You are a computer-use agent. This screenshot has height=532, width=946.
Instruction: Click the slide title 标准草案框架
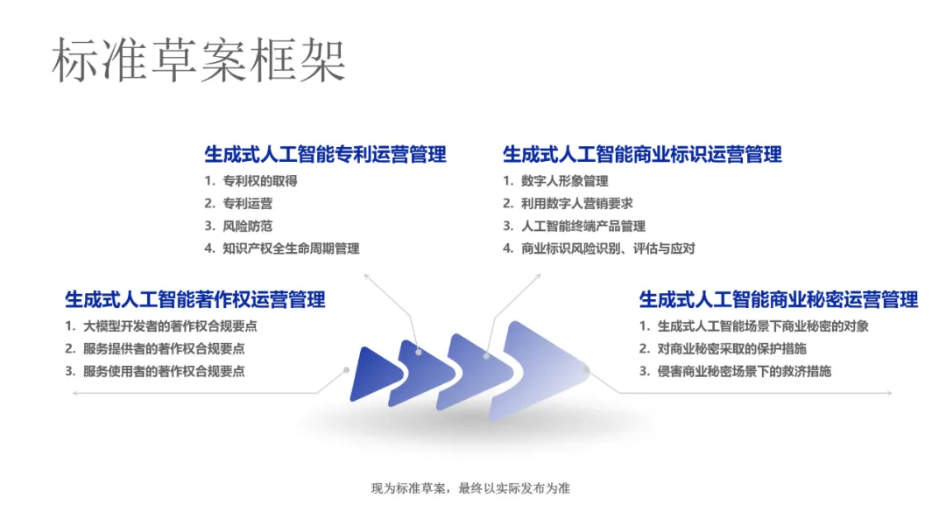click(x=199, y=59)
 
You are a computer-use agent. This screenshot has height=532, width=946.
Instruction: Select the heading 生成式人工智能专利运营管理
click(x=325, y=154)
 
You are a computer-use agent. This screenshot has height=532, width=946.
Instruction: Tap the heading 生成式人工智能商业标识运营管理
click(x=642, y=154)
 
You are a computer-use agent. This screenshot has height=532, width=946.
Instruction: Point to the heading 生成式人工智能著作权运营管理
click(x=194, y=299)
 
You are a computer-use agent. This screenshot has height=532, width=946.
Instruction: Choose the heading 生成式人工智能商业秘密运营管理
click(x=779, y=299)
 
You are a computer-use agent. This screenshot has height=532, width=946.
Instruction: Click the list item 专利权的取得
click(x=260, y=181)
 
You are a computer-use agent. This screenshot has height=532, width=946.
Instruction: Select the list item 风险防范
click(x=247, y=226)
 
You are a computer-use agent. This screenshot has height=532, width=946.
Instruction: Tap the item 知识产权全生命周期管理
click(x=291, y=248)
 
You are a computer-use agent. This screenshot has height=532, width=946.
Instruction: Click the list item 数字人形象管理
click(x=565, y=181)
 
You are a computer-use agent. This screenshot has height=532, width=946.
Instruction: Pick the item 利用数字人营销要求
click(x=576, y=204)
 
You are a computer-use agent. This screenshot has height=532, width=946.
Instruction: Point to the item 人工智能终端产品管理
click(x=583, y=226)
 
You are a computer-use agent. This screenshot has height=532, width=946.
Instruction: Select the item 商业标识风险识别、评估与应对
click(x=608, y=248)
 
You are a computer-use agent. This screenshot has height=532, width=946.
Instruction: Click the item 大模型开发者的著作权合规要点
click(x=170, y=326)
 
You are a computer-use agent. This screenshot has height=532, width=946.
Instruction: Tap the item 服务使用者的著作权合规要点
click(x=164, y=371)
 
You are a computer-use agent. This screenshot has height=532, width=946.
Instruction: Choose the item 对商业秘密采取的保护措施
click(x=731, y=348)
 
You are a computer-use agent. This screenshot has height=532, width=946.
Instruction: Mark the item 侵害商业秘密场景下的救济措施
click(x=745, y=371)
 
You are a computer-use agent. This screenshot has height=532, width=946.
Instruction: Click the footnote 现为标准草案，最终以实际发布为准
click(x=470, y=488)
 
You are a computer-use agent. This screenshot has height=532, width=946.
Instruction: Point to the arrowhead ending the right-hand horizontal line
click(x=890, y=393)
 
